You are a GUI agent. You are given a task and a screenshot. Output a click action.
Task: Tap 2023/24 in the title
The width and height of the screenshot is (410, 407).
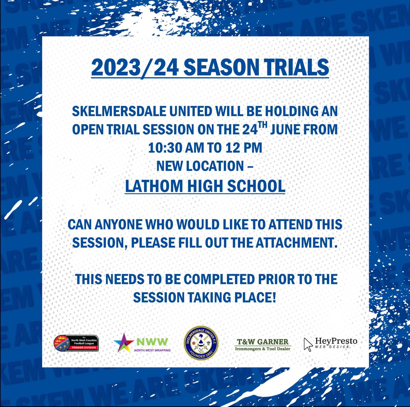coord(135,68)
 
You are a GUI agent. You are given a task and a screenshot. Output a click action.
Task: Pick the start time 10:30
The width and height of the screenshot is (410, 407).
coord(165,148)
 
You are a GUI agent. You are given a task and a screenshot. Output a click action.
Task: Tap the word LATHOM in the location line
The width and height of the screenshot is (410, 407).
coord(154,186)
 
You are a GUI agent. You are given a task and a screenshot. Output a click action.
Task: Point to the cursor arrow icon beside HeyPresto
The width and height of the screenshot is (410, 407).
coord(308,344)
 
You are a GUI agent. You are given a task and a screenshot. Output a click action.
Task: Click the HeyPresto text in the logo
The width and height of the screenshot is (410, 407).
coord(336,341)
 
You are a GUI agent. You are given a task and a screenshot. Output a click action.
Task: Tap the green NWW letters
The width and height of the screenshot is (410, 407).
coord(152,341)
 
